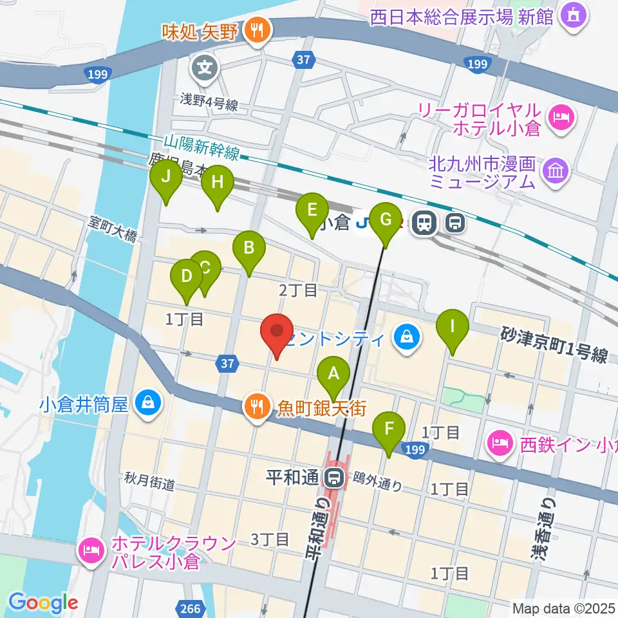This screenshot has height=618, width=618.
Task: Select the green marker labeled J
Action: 167,179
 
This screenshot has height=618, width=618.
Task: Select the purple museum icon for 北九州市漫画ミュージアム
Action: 553,171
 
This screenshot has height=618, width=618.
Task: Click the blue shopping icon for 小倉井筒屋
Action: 149,404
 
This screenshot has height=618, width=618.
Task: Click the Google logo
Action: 43,603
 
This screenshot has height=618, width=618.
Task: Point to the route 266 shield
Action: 191,608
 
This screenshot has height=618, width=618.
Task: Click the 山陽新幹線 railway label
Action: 202,147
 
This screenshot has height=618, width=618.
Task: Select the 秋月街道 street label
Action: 149,482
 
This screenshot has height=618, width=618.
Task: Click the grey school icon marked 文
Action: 205,66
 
